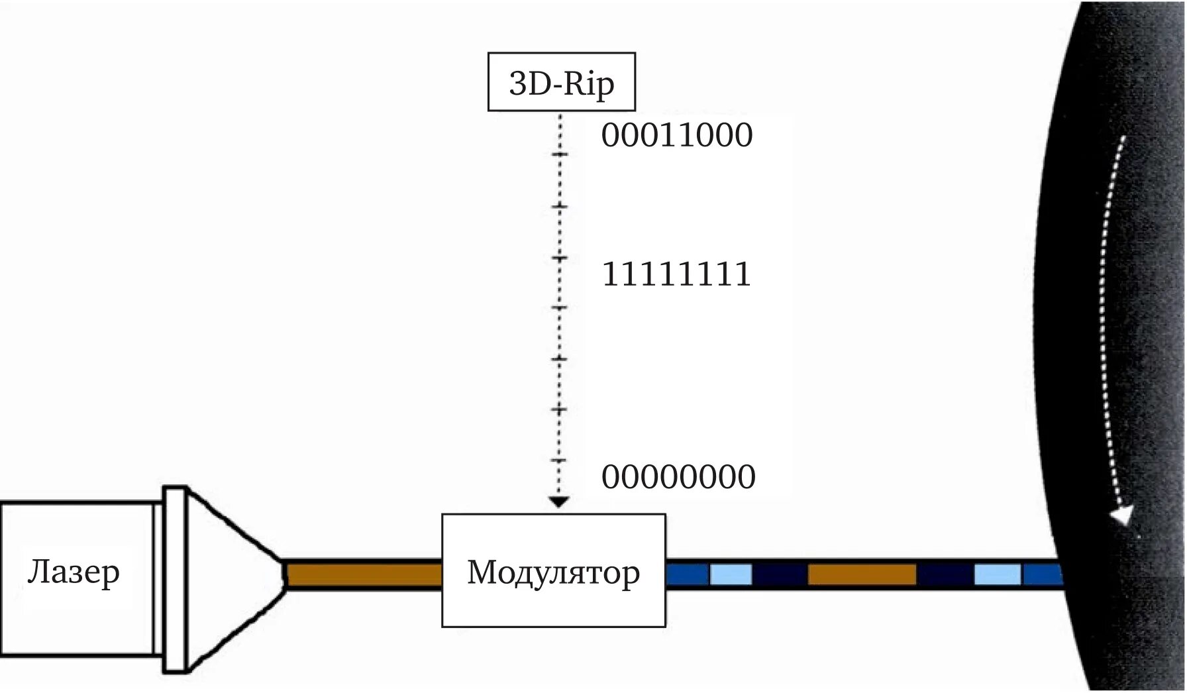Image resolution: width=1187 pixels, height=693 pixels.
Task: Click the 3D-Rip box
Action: click(x=561, y=82)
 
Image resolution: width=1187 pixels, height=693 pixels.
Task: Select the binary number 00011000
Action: click(x=676, y=135)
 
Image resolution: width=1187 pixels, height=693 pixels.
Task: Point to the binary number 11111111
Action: click(x=676, y=274)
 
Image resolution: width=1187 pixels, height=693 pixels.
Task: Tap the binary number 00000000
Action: click(x=678, y=477)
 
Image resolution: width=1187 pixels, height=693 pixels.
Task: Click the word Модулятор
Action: click(x=553, y=572)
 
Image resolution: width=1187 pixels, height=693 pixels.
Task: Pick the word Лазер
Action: click(x=74, y=571)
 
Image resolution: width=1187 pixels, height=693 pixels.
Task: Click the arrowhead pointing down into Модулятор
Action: click(x=560, y=502)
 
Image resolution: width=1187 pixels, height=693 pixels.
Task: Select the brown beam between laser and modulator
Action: click(x=364, y=574)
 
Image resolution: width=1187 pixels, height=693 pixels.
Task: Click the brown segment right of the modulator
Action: click(x=862, y=574)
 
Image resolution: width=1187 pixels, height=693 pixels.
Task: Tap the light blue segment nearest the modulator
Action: click(x=731, y=574)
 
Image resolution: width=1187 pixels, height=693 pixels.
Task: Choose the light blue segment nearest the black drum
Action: click(x=997, y=574)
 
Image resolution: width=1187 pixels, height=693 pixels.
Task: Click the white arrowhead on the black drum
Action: click(x=1122, y=515)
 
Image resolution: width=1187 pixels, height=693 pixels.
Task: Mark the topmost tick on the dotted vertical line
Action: click(x=560, y=155)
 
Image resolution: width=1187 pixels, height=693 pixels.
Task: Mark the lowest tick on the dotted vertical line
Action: click(x=560, y=460)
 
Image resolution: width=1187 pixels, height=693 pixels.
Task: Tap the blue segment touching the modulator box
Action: click(x=688, y=574)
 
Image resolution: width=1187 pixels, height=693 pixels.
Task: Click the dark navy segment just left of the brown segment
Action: click(x=780, y=574)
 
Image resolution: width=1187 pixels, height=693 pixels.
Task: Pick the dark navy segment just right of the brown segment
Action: click(x=945, y=574)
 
